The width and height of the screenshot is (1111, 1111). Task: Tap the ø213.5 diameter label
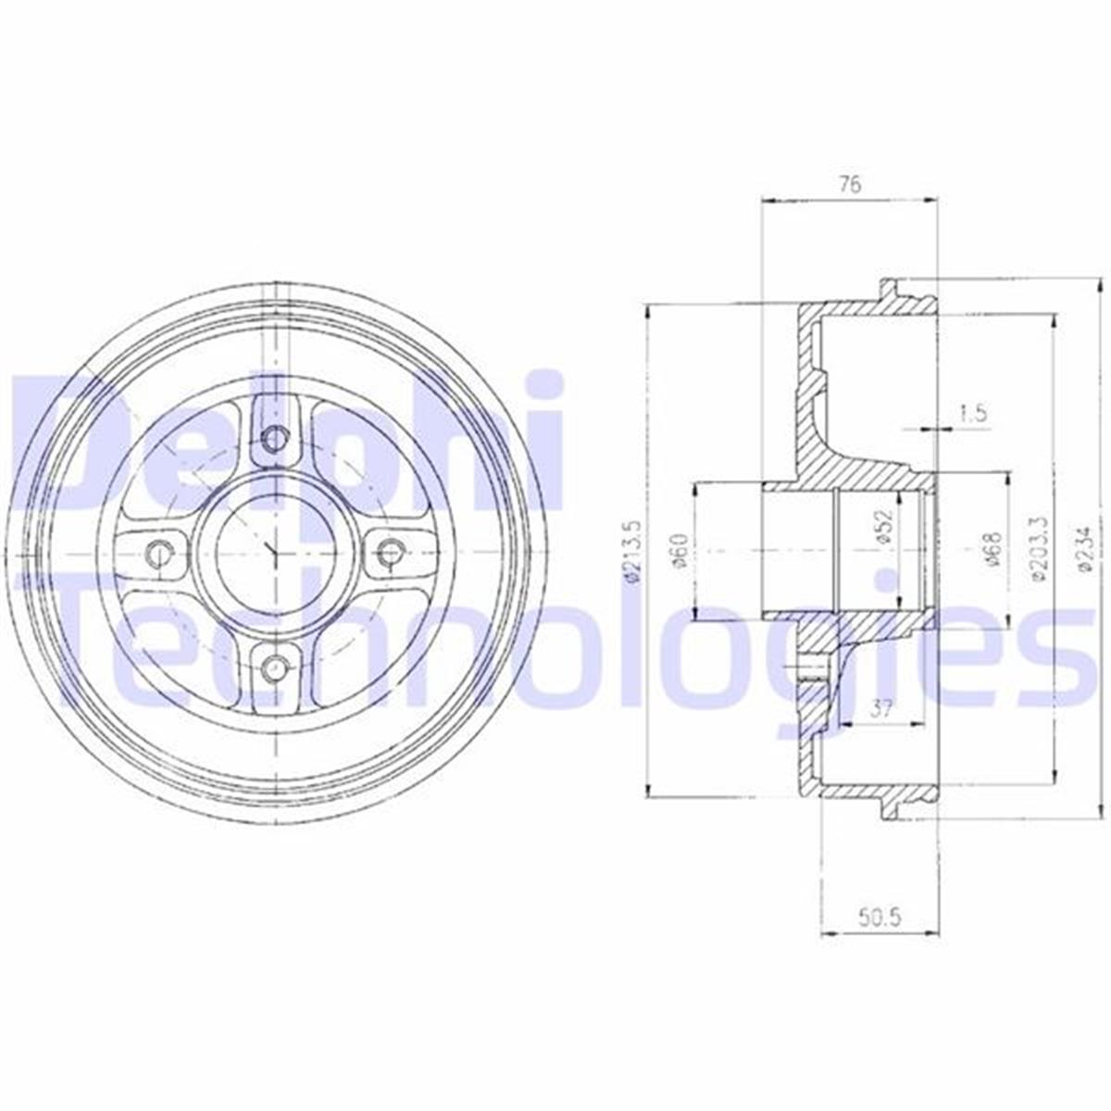(633, 552)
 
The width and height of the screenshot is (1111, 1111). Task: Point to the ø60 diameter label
(680, 552)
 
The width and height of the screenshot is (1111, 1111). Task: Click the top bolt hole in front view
(274, 438)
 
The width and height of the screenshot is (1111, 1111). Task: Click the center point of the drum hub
(274, 553)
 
